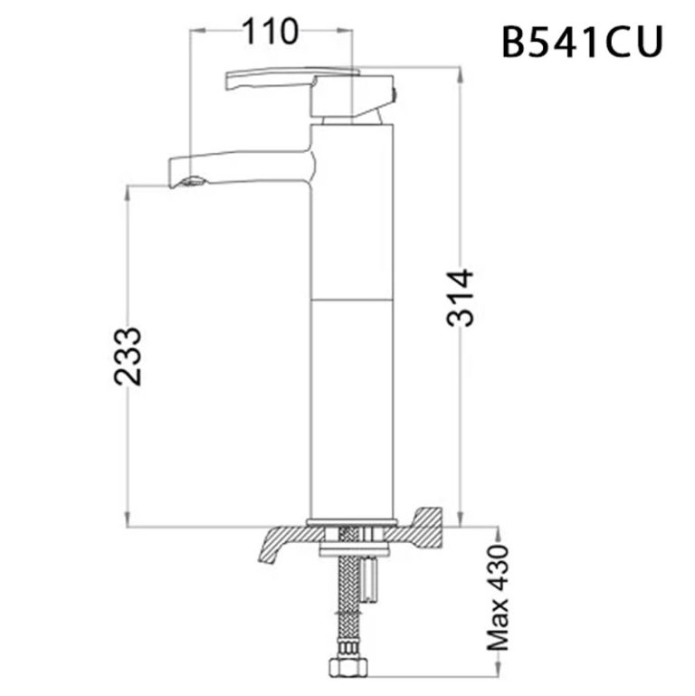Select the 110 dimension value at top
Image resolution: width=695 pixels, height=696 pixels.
[269, 32]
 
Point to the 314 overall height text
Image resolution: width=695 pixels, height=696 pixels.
[461, 299]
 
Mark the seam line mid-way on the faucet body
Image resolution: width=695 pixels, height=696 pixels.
[352, 298]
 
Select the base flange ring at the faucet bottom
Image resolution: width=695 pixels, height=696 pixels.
[352, 522]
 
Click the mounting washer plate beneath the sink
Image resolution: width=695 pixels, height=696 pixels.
[352, 548]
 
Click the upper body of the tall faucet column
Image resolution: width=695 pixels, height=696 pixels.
[352, 208]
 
